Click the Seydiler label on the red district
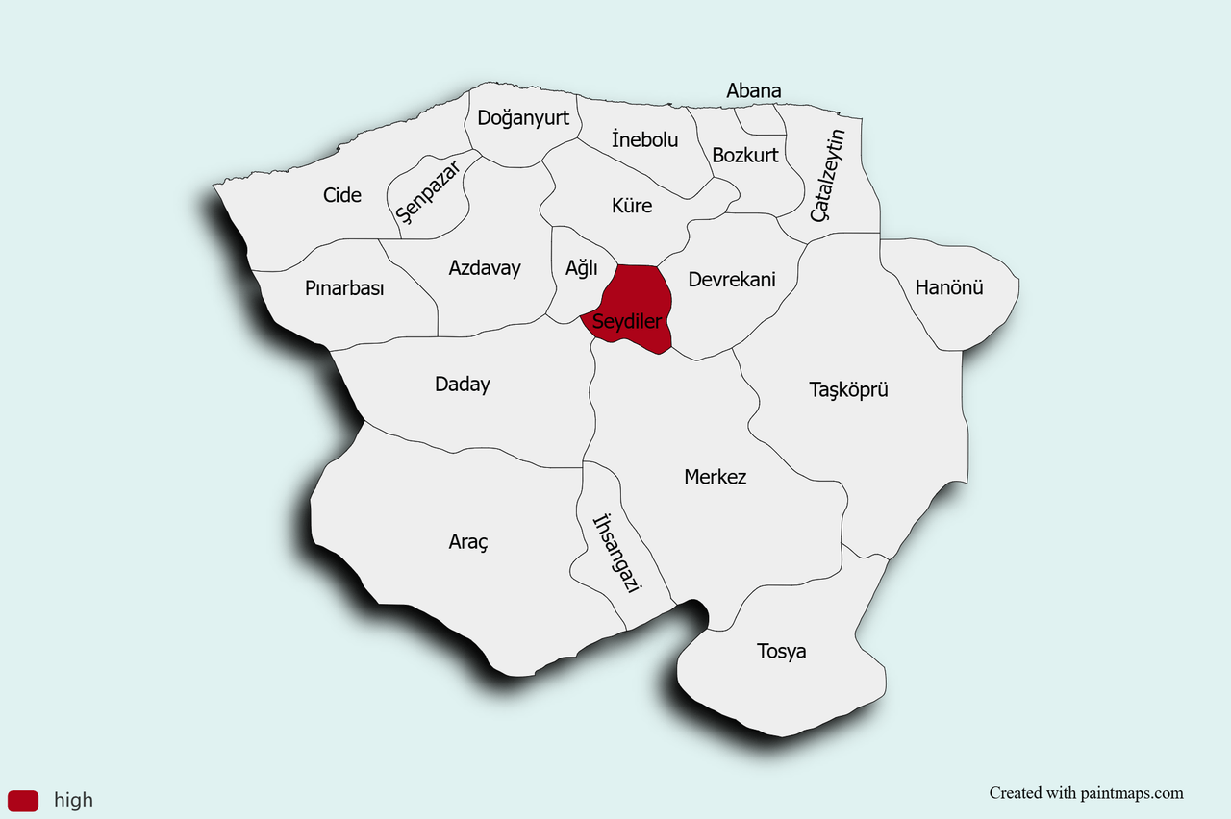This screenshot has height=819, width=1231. [x=626, y=321]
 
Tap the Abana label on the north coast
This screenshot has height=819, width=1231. [x=753, y=91]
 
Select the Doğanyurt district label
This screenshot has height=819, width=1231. [x=523, y=118]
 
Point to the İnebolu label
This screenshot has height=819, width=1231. [x=644, y=139]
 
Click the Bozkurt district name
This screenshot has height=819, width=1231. [x=745, y=155]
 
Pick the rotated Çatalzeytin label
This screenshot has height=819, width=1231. [x=827, y=176]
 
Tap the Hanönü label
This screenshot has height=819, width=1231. [x=949, y=286]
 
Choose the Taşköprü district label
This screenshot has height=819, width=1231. [x=847, y=389]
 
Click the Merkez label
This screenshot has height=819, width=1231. [x=715, y=477]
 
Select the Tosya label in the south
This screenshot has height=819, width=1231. [x=781, y=652]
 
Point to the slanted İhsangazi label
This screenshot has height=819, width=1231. [x=616, y=554]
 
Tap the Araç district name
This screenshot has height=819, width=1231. [x=468, y=542]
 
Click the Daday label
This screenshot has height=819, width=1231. [x=462, y=385]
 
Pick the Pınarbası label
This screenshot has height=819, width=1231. [x=344, y=288]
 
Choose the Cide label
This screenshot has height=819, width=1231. [x=341, y=195]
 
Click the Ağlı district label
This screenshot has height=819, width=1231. [x=581, y=268]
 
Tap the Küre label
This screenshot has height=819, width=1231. [x=631, y=206]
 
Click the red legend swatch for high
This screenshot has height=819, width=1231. [x=23, y=800]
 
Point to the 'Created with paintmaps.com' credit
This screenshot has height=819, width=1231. [x=1086, y=793]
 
